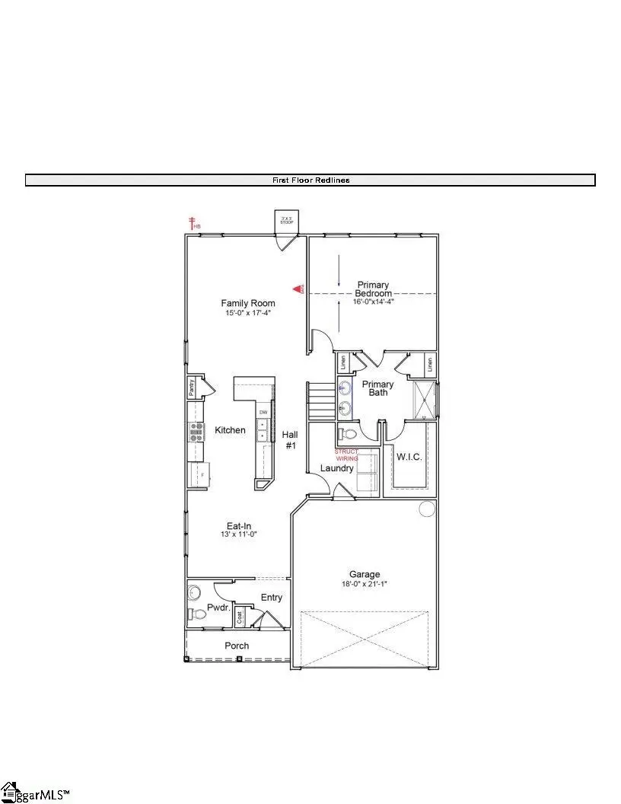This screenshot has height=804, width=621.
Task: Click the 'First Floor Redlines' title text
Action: click(310, 180)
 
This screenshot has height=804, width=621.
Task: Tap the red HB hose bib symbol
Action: click(194, 223)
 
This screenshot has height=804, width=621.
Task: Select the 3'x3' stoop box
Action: click(287, 222)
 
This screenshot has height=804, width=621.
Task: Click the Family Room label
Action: click(248, 303)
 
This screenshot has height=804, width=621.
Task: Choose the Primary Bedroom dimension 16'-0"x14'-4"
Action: click(373, 301)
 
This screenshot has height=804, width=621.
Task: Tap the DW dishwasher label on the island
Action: click(263, 413)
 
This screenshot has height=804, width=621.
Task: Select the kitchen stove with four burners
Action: click(196, 432)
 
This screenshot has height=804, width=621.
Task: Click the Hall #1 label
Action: click(290, 439)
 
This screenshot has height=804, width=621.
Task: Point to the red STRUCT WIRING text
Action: click(346, 455)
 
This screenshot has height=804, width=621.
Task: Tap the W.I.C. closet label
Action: click(409, 457)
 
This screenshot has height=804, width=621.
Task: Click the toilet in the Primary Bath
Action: click(348, 435)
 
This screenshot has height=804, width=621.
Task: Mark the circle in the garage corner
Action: click(426, 509)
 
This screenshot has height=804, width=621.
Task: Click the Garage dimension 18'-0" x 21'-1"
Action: click(365, 585)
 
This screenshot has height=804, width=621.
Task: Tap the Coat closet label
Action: click(240, 617)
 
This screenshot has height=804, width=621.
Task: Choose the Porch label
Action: click(237, 646)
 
